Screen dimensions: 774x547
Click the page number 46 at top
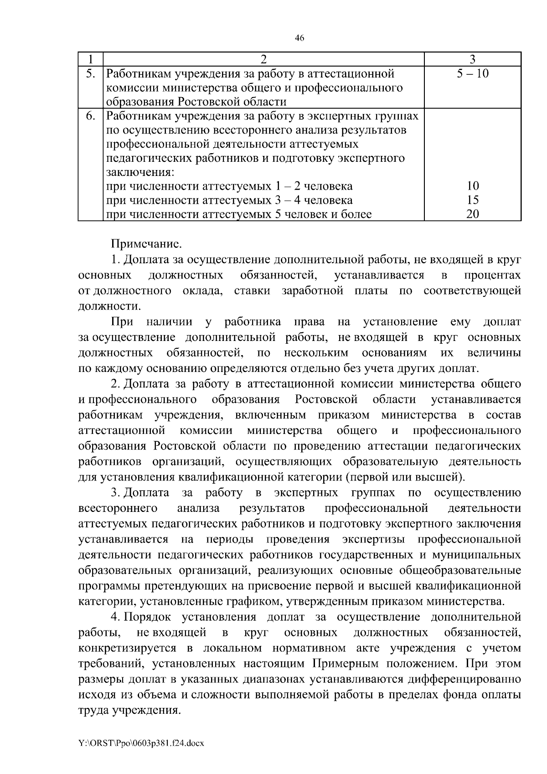click(x=299, y=38)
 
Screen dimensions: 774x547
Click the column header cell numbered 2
click(x=264, y=59)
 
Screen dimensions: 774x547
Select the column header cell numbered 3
click(x=473, y=59)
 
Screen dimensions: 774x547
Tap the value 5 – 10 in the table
click(x=473, y=73)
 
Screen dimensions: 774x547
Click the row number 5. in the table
click(x=91, y=73)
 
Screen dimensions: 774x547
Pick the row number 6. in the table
click(x=91, y=116)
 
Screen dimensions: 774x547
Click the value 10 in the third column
click(x=473, y=186)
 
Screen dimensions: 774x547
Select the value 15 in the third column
click(x=473, y=200)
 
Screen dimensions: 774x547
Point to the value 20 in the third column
click(x=473, y=214)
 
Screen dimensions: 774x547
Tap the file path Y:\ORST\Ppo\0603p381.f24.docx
click(x=141, y=743)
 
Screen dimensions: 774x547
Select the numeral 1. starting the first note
click(x=115, y=260)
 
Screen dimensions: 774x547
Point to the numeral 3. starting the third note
click(x=115, y=493)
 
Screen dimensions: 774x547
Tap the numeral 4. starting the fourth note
click(x=115, y=617)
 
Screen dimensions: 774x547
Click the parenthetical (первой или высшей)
click(x=405, y=477)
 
